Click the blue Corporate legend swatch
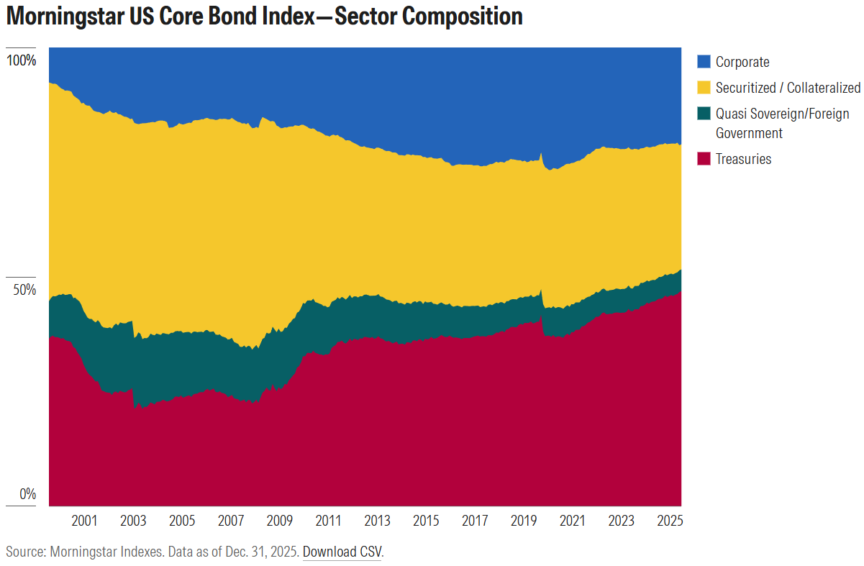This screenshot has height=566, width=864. click(x=704, y=63)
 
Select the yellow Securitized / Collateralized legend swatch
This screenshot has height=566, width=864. click(x=704, y=88)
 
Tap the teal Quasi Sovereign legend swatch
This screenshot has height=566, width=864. click(x=704, y=114)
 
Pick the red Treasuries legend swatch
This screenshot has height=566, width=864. click(x=704, y=159)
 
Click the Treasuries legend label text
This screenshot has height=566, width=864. click(x=743, y=159)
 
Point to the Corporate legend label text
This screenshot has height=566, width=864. click(x=742, y=63)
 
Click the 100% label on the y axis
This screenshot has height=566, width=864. click(x=21, y=60)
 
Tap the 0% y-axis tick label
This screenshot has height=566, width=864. click(x=27, y=494)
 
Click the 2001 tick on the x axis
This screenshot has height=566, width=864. click(x=85, y=520)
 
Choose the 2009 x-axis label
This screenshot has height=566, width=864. click(x=279, y=520)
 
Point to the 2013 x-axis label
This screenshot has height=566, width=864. click(x=377, y=520)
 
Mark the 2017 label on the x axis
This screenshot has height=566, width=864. click(x=475, y=520)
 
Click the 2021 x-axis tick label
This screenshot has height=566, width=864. click(x=572, y=520)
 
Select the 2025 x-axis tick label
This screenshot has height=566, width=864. click(x=670, y=520)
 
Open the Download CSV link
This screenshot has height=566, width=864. click(x=342, y=552)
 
